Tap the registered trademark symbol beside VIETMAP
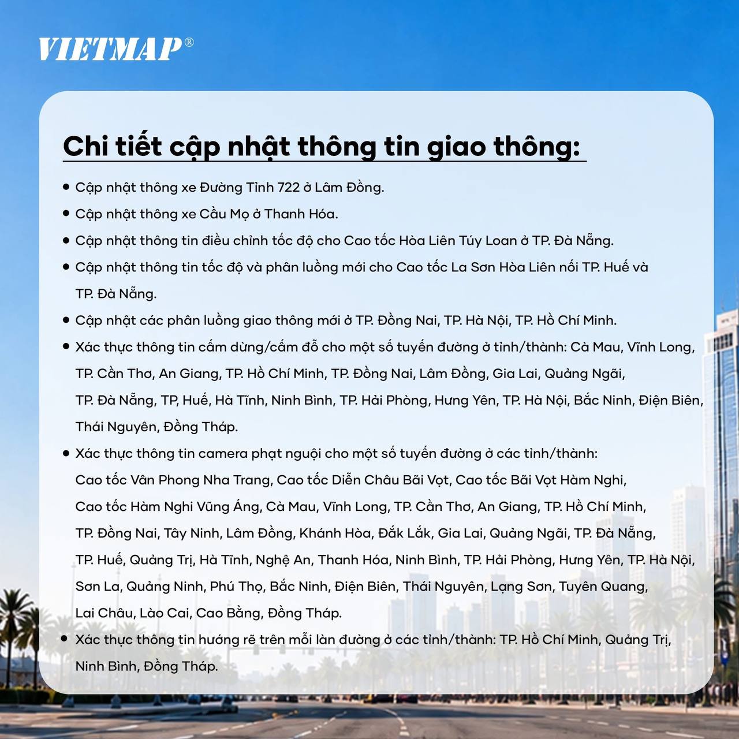189,42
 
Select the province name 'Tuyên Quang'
603,587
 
